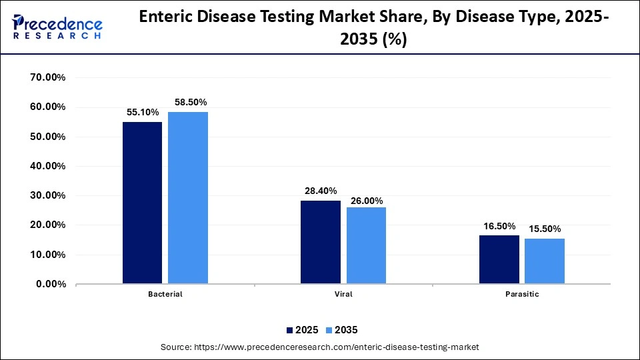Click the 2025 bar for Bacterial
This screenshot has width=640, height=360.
pos(142,203)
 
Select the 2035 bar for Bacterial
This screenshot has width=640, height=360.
pos(188,198)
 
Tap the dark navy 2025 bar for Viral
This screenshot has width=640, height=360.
pos(321,242)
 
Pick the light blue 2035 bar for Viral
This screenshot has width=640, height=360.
pos(366,245)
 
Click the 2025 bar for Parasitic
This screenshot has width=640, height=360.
pos(499,259)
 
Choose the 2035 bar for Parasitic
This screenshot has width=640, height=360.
pos(545,261)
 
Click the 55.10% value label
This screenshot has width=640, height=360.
pos(142,113)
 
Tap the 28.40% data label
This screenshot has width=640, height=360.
pos(321,191)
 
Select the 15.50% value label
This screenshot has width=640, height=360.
pos(545,229)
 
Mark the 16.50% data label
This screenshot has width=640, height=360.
pos(499,226)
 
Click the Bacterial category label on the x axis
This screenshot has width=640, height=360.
pos(165,293)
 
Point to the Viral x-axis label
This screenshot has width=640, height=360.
pos(343,293)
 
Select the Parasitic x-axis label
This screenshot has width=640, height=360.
pos(522,293)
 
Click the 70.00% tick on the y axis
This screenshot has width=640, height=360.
pos(47,77)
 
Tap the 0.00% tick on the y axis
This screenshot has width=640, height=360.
pos(50,284)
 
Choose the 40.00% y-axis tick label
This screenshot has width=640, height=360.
pos(47,166)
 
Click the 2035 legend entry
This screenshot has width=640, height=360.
pos(342,329)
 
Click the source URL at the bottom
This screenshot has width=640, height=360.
pos(320,347)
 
